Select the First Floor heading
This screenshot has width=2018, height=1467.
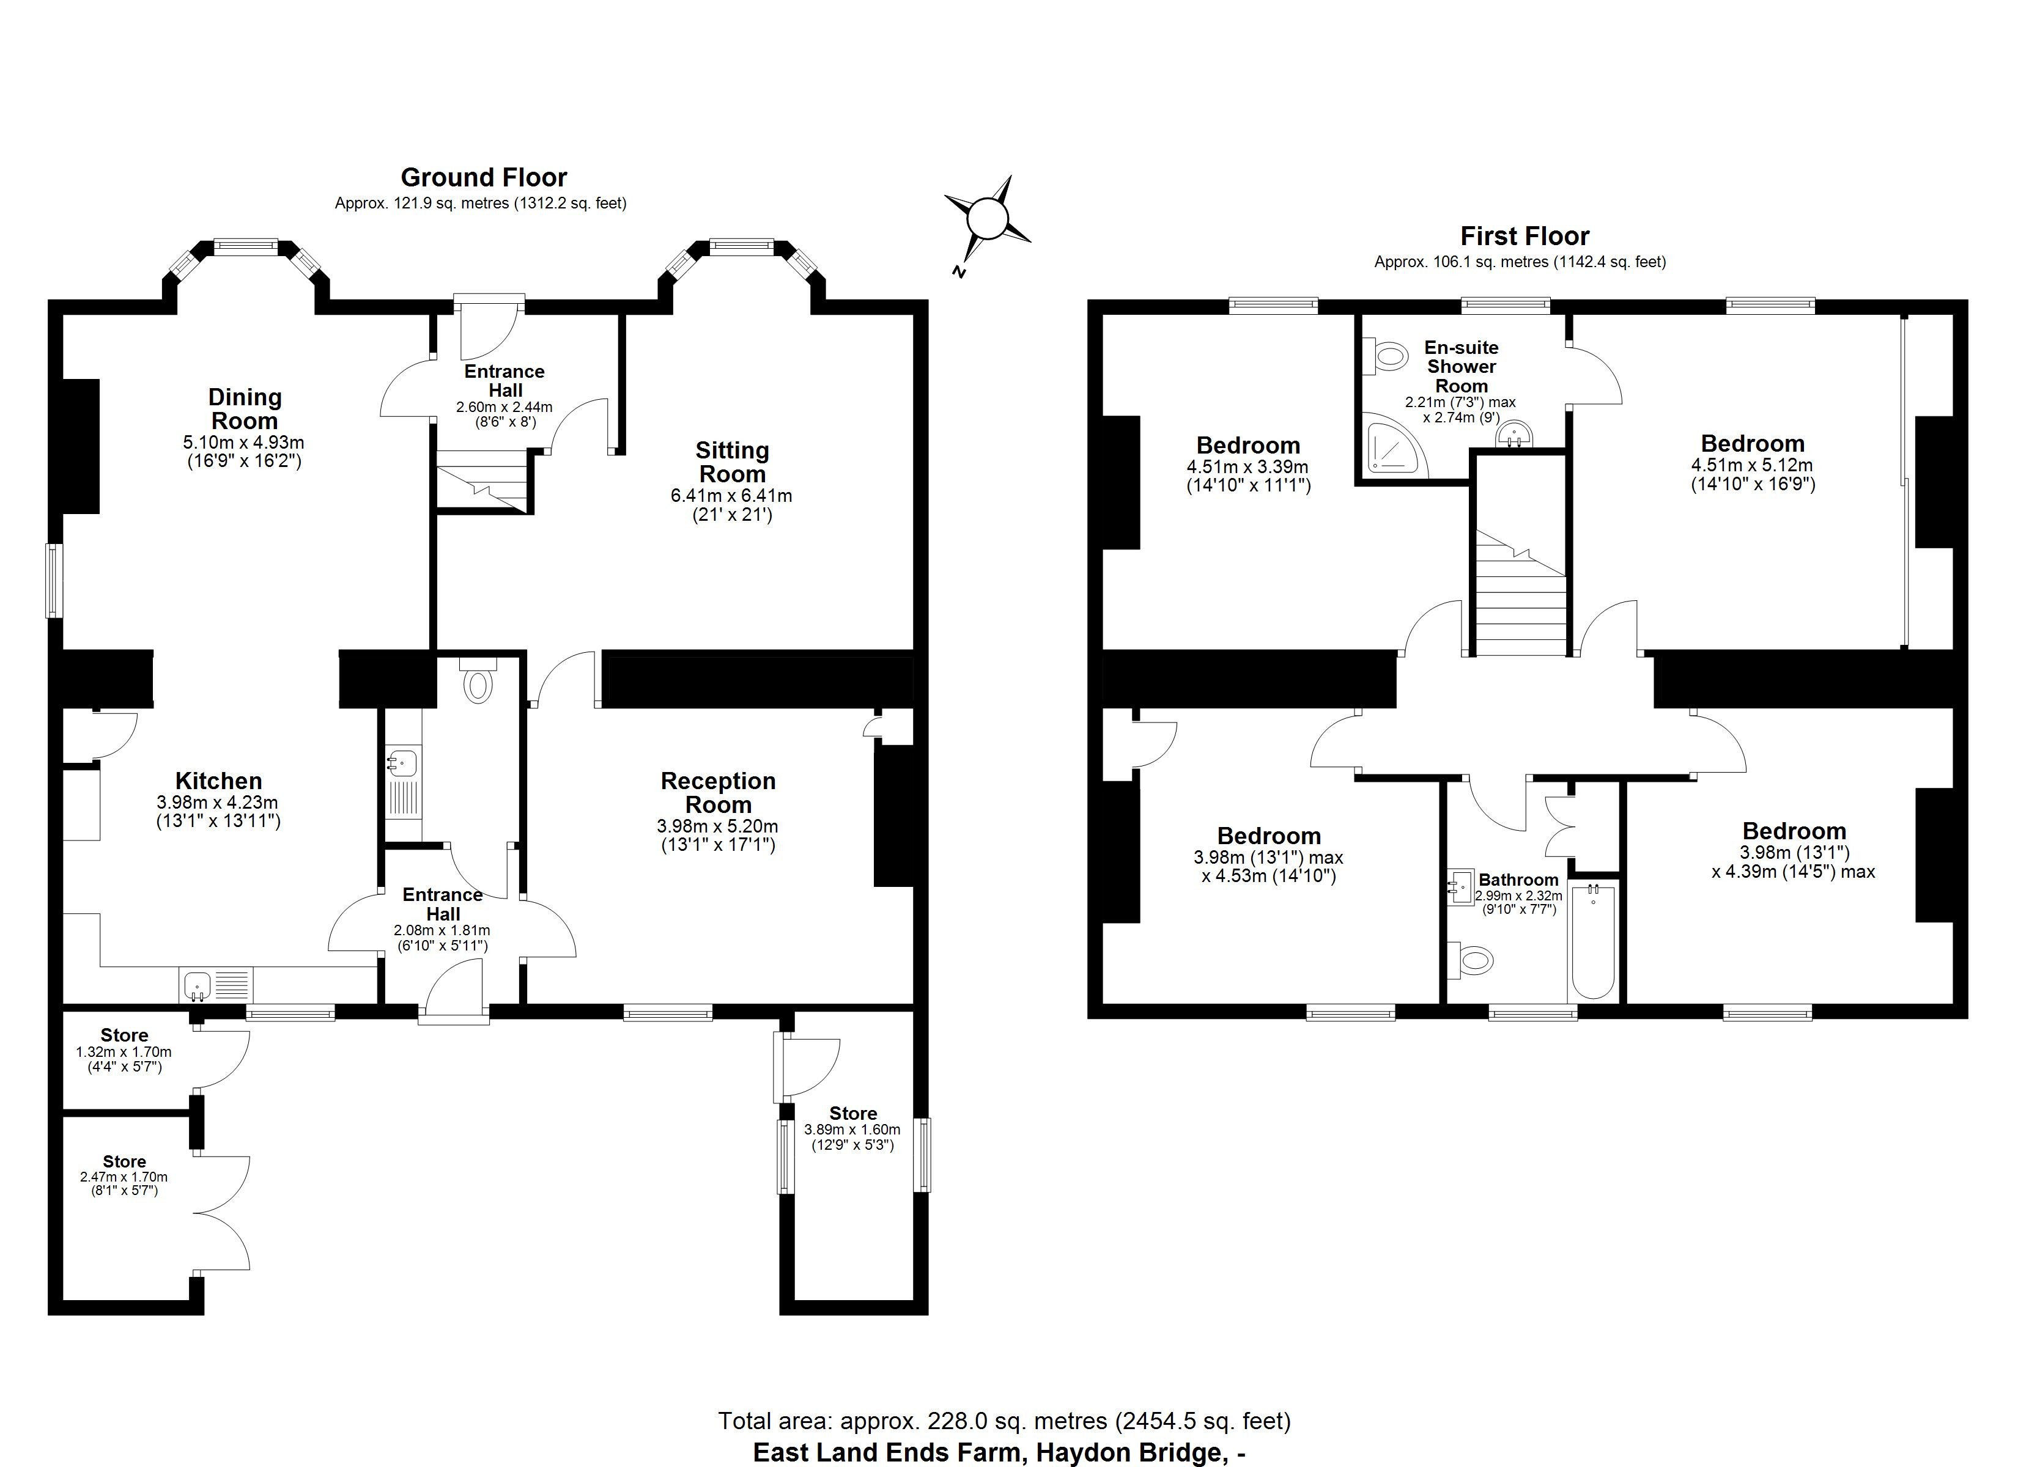1524,236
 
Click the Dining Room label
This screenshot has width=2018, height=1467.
244,408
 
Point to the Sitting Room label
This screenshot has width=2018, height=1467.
731,461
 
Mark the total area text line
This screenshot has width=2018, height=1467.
1003,1421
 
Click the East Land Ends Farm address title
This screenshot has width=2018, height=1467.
999,1452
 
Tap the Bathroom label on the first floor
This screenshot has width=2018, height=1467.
1518,880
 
